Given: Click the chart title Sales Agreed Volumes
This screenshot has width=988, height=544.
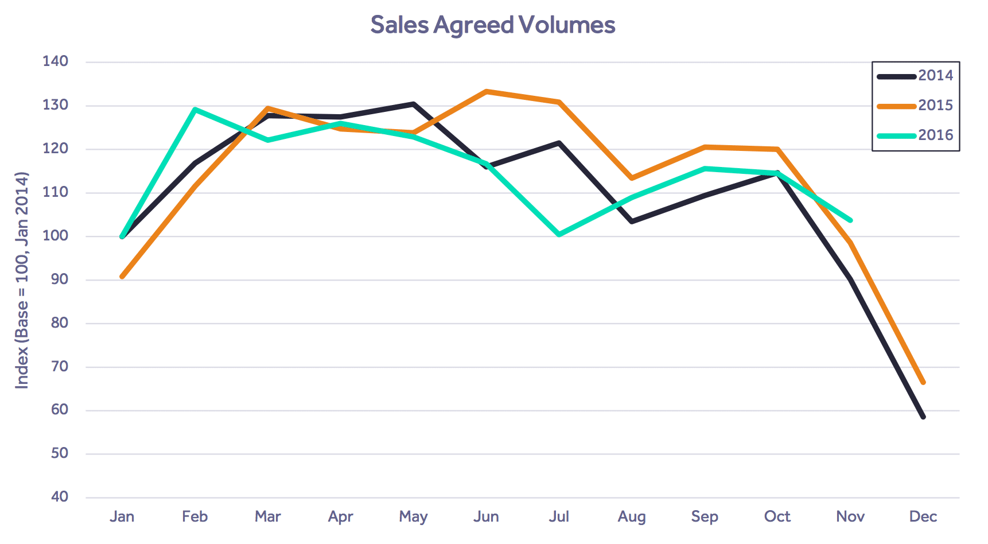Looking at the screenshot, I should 492,25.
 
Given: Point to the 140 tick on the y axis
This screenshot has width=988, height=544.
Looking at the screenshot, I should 55,61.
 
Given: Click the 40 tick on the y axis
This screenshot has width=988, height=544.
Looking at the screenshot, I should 59,497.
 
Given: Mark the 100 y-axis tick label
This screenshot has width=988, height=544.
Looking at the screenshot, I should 55,236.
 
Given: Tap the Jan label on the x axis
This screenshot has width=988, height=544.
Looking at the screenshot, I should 122,516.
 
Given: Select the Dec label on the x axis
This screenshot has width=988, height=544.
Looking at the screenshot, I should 923,516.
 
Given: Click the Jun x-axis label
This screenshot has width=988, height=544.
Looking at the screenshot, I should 486,516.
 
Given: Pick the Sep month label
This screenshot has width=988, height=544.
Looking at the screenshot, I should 705,516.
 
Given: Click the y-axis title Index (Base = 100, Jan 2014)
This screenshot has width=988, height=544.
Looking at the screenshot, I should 22,280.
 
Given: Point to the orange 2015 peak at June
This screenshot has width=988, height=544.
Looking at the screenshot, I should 486,91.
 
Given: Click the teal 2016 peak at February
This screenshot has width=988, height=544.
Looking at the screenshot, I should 195,109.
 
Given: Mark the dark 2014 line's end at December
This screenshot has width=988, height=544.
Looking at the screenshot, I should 923,417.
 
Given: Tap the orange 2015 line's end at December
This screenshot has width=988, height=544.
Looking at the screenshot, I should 923,382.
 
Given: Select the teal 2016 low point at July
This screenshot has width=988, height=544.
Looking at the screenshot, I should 559,235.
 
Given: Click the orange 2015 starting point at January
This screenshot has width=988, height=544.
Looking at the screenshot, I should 122,277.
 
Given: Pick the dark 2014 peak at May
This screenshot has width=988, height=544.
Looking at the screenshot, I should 413,104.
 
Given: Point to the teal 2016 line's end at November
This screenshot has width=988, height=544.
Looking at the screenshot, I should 850,220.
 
